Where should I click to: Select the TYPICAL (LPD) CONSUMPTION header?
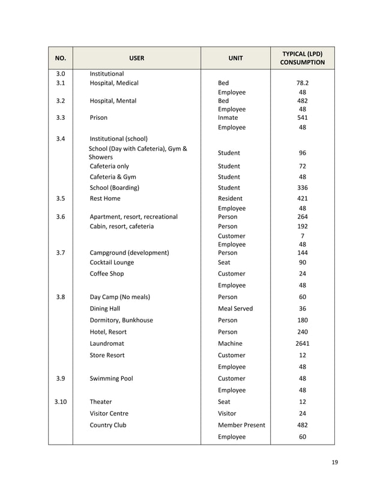[x=302, y=58]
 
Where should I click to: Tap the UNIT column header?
[x=235, y=58]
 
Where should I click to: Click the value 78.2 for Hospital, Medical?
[x=302, y=83]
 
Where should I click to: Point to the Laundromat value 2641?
[x=302, y=343]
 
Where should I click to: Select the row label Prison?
[x=98, y=118]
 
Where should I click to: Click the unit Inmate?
[x=228, y=118]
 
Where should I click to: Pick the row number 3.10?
[x=60, y=402]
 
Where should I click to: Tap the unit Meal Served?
[x=235, y=309]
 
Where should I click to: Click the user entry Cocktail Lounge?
[x=112, y=262]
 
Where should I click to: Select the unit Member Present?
[x=241, y=425]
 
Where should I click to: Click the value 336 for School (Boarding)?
[x=302, y=188]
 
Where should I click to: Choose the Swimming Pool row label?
[x=111, y=379]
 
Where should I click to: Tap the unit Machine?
[x=231, y=343]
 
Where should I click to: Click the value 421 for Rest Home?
[x=302, y=198]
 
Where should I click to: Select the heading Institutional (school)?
[x=118, y=138]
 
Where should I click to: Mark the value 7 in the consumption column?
[x=302, y=236]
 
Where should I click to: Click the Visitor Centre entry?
[x=109, y=413]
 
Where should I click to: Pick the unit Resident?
[x=231, y=198]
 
